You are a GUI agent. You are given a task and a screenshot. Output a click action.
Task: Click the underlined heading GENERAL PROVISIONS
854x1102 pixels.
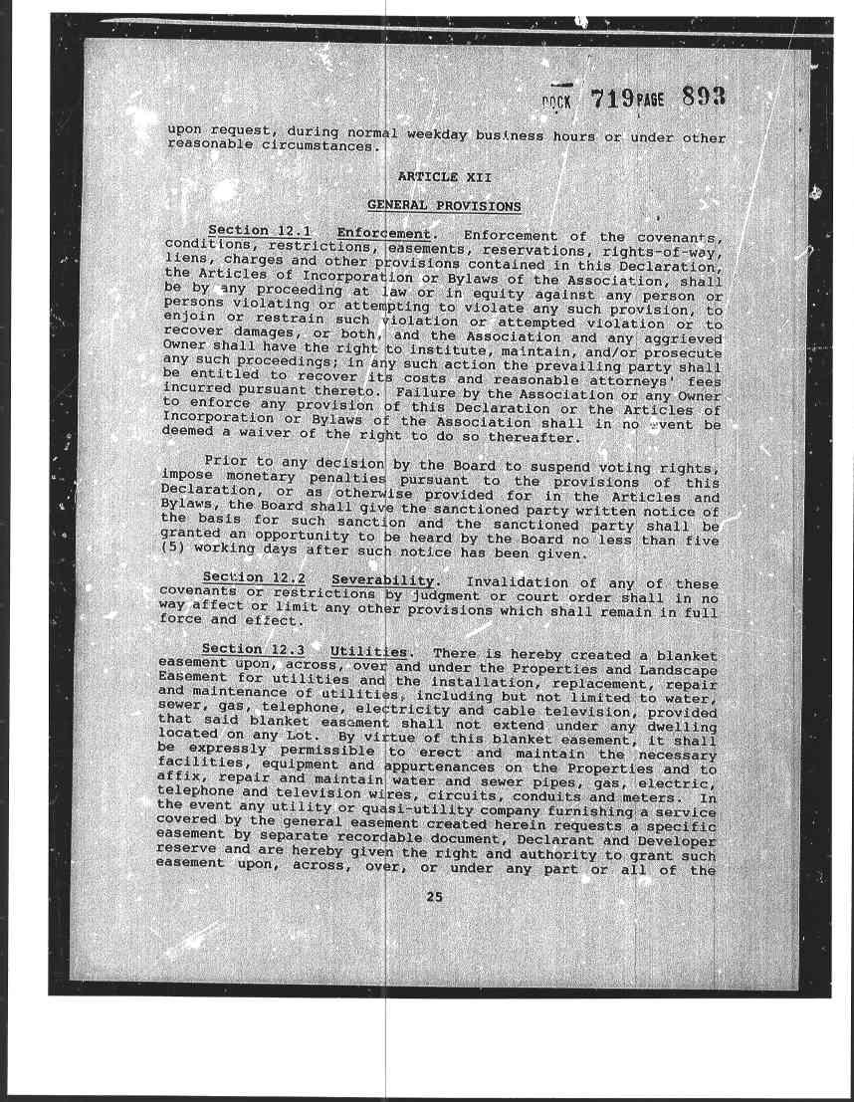pos(444,206)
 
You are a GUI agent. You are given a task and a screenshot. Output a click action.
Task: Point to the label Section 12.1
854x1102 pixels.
pos(253,232)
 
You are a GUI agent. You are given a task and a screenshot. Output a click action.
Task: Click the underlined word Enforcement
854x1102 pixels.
pos(381,235)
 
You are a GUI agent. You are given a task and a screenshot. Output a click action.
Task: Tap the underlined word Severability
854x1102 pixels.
pos(383,580)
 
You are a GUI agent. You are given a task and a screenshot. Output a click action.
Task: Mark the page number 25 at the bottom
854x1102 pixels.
pos(434,897)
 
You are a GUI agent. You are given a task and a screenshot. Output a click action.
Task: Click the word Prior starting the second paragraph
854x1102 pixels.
pos(225,461)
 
